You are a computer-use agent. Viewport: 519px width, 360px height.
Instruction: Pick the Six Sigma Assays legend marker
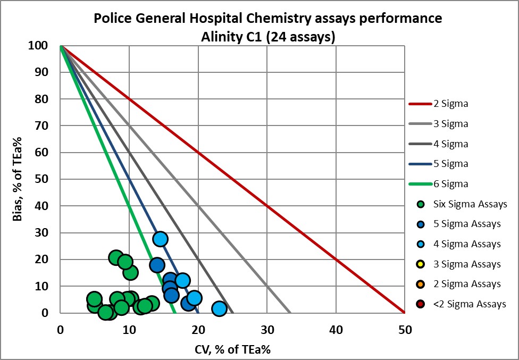421,204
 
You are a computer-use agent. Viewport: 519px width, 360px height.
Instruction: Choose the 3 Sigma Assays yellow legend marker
421,264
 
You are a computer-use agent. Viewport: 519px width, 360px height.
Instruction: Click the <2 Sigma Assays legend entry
461,304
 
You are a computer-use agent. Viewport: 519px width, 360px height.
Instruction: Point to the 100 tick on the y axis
43,46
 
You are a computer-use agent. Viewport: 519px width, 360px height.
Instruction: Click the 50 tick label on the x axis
405,330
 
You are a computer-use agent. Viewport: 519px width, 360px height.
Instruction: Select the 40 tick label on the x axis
336,330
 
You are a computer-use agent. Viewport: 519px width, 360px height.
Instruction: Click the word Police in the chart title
114,19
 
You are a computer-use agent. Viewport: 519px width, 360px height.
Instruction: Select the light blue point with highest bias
161,239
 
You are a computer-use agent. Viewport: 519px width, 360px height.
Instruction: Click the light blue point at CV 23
219,308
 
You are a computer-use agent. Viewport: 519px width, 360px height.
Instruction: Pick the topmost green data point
117,258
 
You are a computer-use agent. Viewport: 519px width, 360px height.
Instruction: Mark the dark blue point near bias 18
157,265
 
